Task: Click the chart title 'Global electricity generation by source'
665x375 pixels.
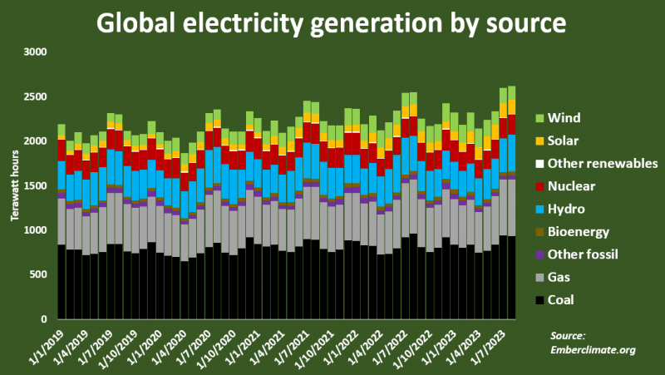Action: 332,22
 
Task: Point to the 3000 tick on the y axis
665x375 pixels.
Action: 38,52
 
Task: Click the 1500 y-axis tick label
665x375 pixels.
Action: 38,185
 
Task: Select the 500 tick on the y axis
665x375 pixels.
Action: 42,274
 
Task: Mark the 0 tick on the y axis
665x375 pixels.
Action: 47,319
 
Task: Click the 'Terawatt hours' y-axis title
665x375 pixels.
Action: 14,186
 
